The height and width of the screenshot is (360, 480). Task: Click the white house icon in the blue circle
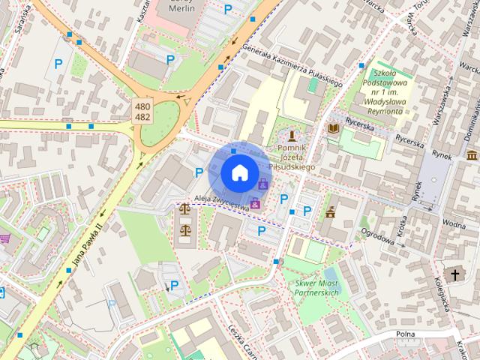pos(239,172)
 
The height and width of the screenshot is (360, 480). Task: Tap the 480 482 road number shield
pos(143,112)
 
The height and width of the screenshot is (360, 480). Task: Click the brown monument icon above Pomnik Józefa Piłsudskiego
pos(292,136)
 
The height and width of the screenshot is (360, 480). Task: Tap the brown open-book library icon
pos(333,129)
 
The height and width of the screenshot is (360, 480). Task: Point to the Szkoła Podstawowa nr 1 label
pos(382,88)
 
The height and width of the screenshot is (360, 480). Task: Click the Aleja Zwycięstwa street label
pos(220,200)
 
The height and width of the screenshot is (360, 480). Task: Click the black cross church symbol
pos(454,274)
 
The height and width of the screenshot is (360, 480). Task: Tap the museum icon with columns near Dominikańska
pos(472,155)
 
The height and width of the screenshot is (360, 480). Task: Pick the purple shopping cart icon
pos(5,238)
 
